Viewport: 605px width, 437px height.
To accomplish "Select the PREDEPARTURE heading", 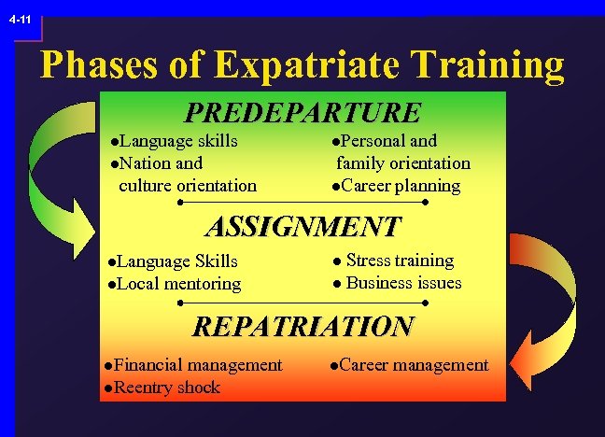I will [303, 113].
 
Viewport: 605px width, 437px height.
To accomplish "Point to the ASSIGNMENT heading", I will [302, 227].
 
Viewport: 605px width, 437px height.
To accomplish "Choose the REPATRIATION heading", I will [302, 326].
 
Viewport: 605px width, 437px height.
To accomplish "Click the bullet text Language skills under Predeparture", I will [176, 141].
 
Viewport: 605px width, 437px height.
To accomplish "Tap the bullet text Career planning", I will [401, 185].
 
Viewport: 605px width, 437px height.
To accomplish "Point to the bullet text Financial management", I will [197, 365].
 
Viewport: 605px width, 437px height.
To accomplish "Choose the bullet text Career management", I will [414, 365].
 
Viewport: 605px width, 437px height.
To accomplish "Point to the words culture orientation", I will [188, 185].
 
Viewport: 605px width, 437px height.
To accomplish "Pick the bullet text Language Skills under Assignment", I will [177, 261].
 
